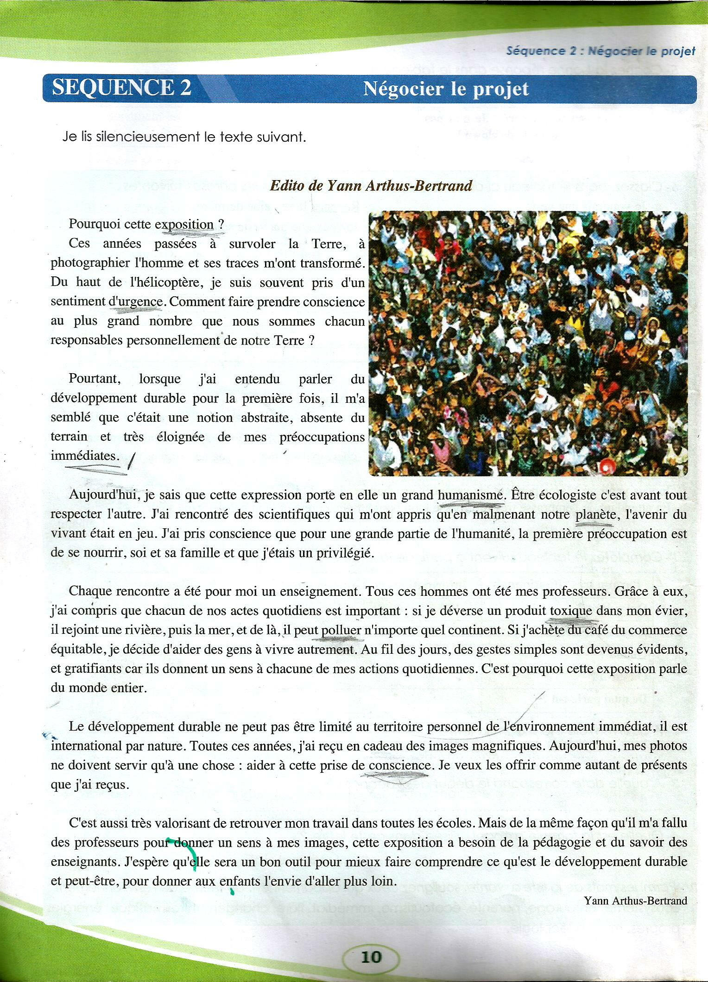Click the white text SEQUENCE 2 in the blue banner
point(122,87)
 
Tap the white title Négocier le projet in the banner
point(446,88)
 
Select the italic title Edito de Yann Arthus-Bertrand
point(371,186)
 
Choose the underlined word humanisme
point(470,495)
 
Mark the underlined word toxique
point(571,611)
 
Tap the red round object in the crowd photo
point(606,467)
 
